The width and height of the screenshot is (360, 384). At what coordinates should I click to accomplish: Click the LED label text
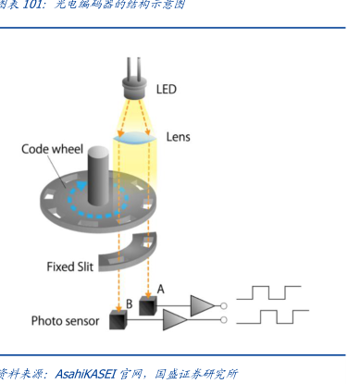(167, 89)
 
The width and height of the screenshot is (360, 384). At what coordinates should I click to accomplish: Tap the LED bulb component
(134, 87)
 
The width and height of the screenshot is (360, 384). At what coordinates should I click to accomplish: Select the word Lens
(179, 137)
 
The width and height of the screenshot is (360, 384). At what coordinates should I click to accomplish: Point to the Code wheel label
(53, 149)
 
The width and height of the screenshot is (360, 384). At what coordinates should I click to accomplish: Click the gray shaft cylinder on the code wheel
(98, 176)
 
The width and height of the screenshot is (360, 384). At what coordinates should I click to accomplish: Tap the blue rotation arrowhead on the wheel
(81, 186)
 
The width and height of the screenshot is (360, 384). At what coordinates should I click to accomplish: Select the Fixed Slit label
(69, 266)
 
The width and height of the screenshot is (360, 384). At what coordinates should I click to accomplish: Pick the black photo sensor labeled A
(148, 305)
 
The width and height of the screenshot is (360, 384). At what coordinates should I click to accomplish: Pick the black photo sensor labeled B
(118, 320)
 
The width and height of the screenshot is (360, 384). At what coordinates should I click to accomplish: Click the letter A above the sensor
(161, 290)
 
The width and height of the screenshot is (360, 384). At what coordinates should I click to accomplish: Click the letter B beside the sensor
(130, 304)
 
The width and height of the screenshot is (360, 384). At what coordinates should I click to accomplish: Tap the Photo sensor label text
(65, 321)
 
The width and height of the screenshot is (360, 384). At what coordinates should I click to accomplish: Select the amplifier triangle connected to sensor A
(203, 305)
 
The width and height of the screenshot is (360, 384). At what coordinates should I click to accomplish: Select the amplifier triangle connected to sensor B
(175, 320)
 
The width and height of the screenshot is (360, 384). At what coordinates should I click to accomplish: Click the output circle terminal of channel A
(224, 306)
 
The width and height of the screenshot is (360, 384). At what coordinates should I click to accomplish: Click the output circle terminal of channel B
(224, 320)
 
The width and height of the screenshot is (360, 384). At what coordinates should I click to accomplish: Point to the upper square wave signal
(268, 292)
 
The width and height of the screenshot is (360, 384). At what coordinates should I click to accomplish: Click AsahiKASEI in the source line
(85, 374)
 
